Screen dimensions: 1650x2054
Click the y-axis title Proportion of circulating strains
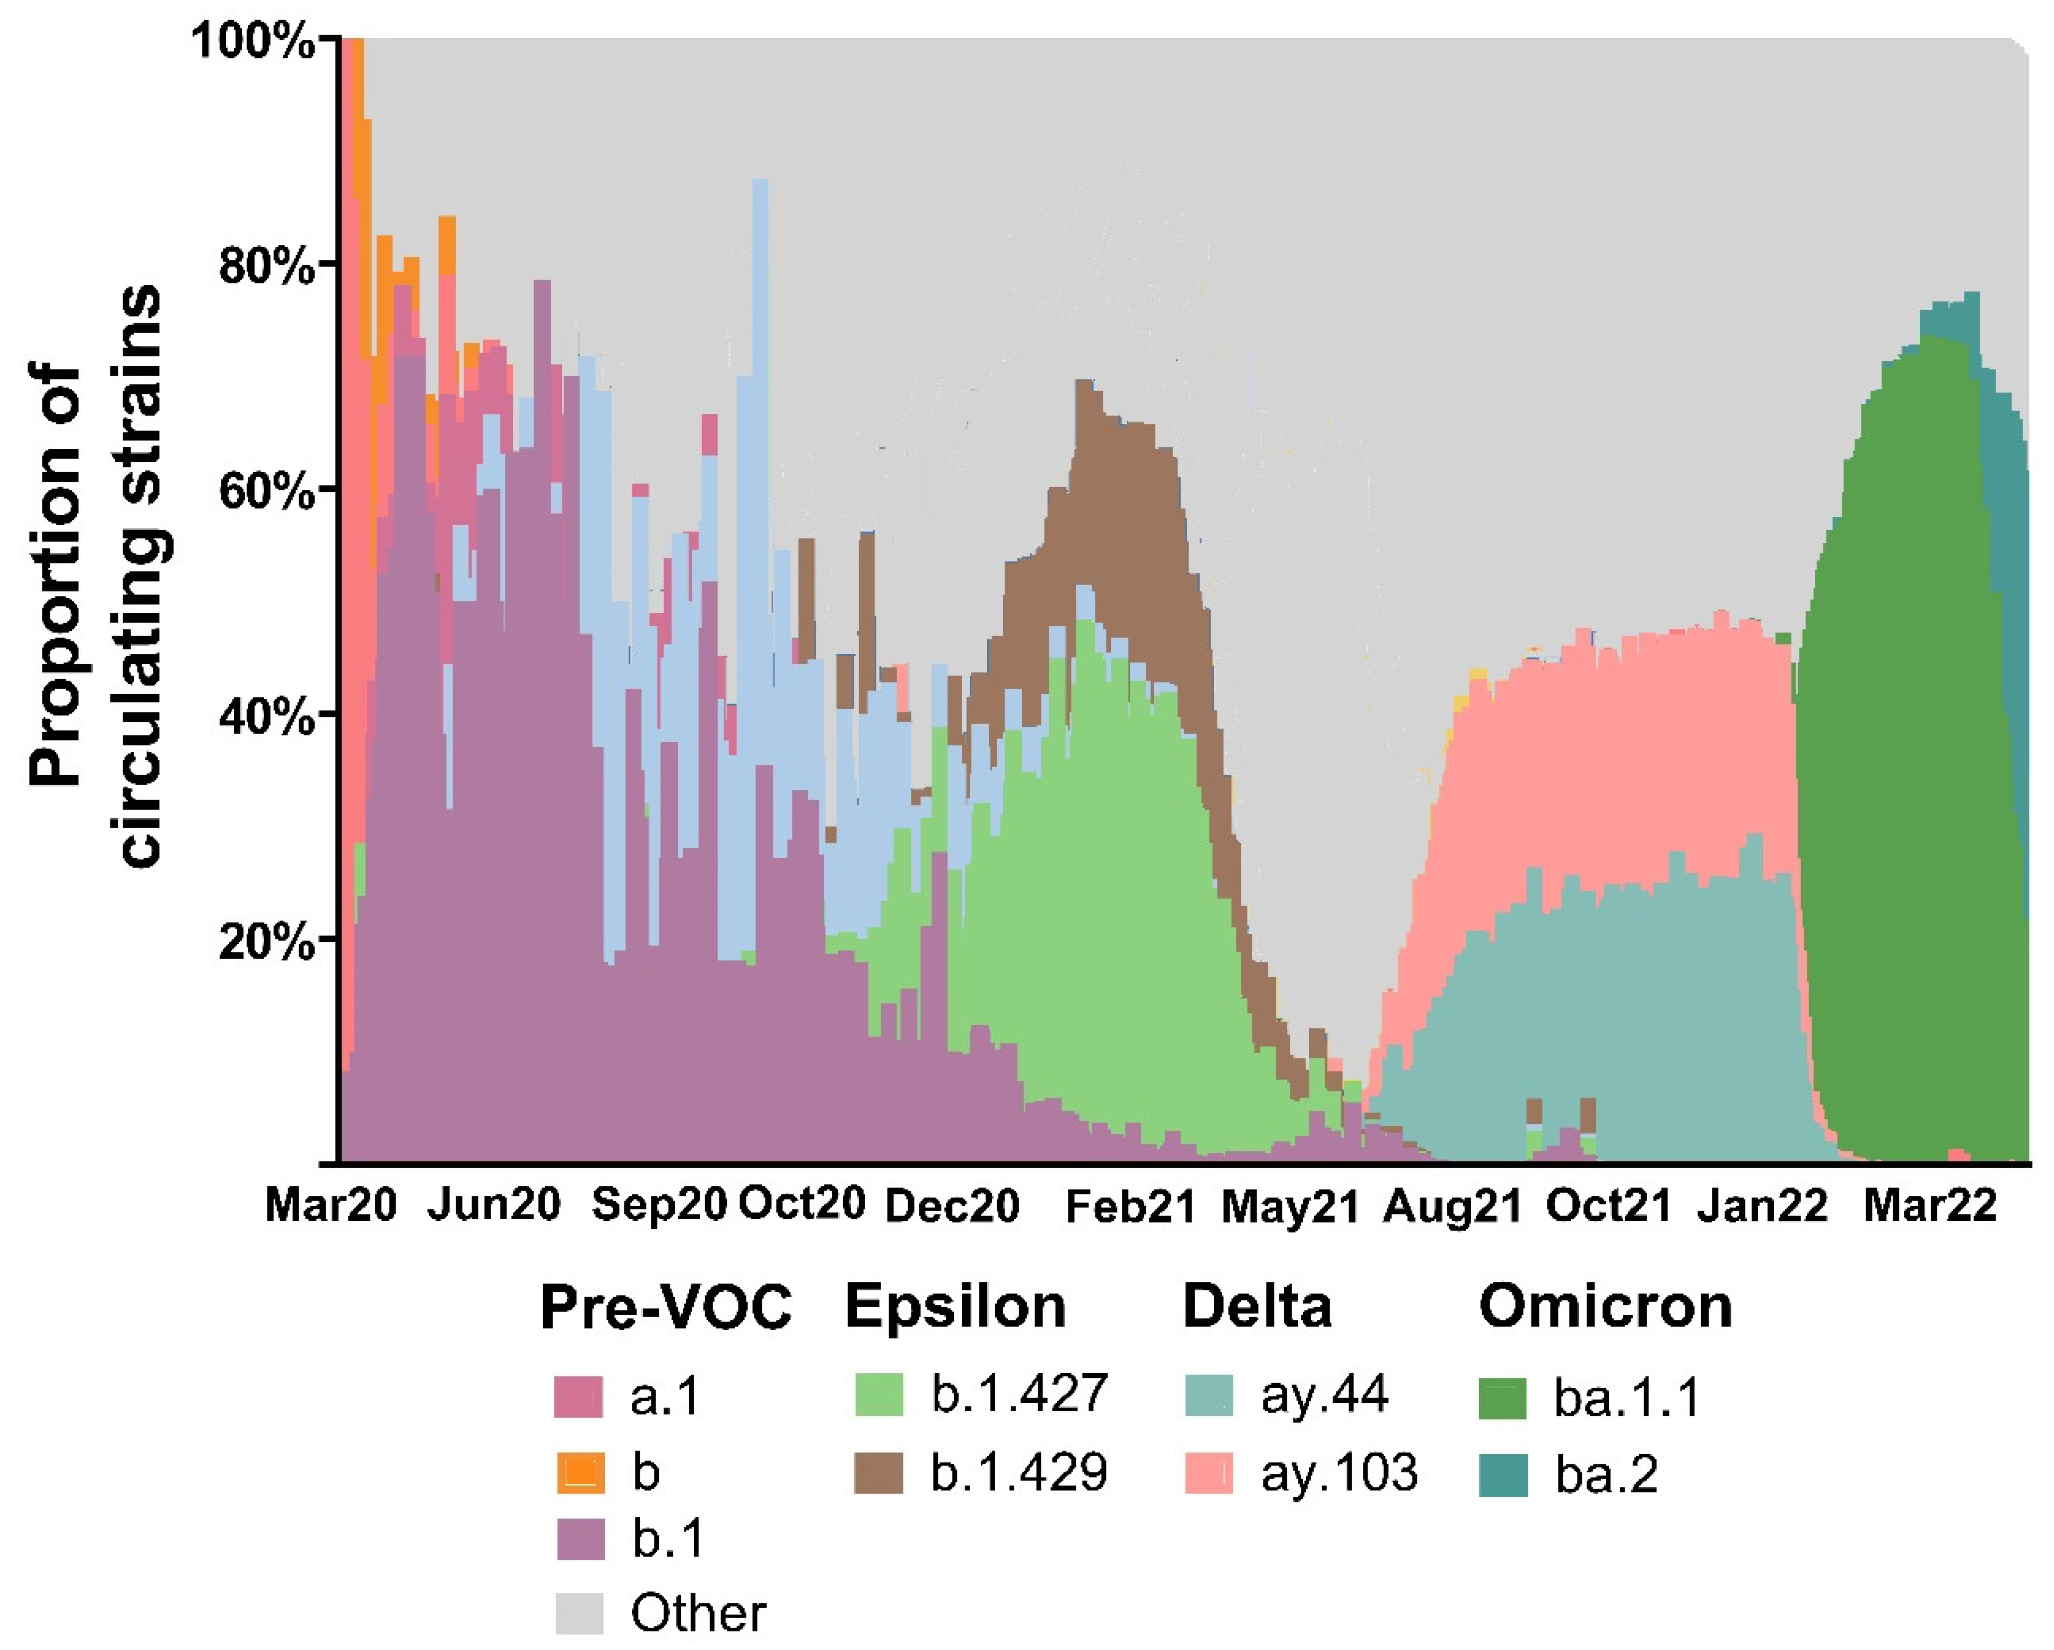click(95, 576)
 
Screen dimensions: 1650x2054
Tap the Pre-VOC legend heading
click(665, 1307)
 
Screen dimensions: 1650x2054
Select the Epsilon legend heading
click(955, 1307)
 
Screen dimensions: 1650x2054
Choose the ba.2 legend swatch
click(1503, 1475)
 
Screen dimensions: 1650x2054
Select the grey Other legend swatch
click(579, 1613)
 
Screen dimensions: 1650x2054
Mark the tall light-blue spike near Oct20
click(760, 286)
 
